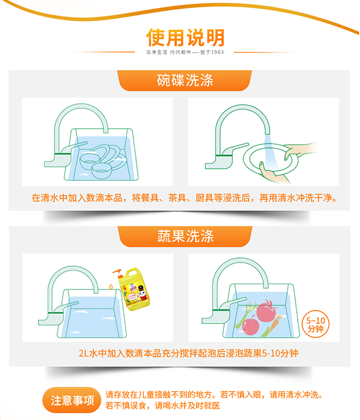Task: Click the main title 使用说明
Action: click(185, 37)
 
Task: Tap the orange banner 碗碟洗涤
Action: click(184, 80)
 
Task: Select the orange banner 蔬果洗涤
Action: click(185, 236)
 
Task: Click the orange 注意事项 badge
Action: click(72, 400)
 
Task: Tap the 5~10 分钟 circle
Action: click(316, 324)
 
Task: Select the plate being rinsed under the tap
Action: click(270, 160)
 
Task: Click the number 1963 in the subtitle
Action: click(217, 52)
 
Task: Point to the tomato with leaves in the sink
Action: click(266, 311)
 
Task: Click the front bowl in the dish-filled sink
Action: click(102, 171)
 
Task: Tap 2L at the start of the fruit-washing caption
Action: click(84, 353)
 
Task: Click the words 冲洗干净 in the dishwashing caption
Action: click(313, 198)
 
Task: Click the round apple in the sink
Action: click(251, 325)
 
